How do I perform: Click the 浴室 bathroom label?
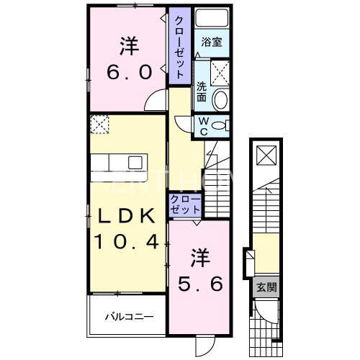(211, 42)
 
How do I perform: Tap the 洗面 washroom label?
(202, 92)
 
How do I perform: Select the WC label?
(203, 125)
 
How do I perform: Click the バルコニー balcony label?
(127, 315)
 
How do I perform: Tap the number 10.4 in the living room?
(127, 243)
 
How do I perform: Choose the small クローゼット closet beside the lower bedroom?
(186, 203)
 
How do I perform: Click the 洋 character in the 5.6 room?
(199, 256)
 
